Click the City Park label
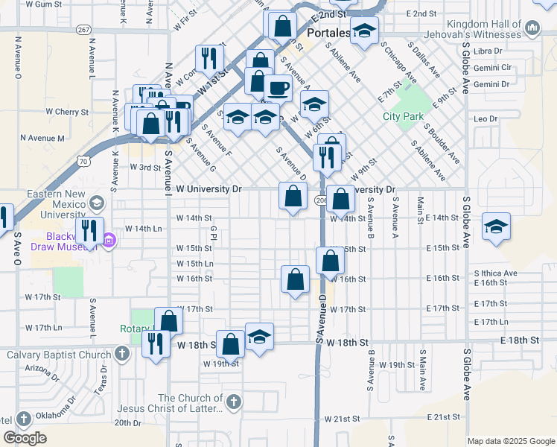tap(403, 117)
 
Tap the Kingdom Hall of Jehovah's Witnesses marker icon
tap(532, 28)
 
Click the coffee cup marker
tap(278, 88)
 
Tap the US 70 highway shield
tap(83, 160)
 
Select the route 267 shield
tap(84, 29)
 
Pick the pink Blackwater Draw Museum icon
tap(109, 240)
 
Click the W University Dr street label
tap(205, 189)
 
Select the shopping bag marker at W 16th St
tap(296, 280)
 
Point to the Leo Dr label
tap(486, 119)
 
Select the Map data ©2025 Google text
tap(510, 441)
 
